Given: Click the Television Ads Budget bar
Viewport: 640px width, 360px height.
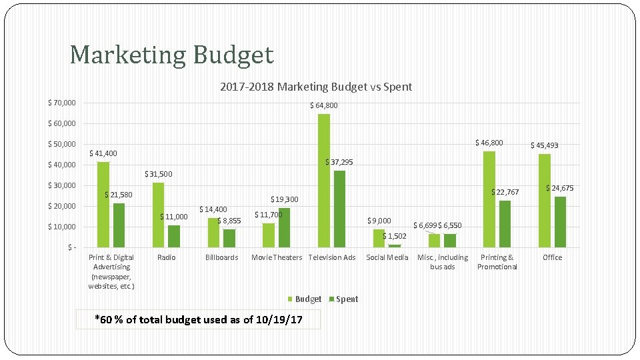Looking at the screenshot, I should (324, 181).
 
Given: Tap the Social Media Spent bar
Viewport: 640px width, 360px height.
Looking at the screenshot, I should (395, 246).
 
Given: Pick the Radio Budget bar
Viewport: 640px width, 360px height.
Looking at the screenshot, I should (158, 215).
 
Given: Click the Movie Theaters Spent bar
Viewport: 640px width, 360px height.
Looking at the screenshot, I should (285, 228).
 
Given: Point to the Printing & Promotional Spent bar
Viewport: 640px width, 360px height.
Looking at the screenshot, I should (505, 224).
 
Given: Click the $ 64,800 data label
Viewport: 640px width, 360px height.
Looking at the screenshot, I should (323, 105).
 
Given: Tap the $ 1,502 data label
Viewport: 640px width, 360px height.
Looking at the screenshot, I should (394, 236).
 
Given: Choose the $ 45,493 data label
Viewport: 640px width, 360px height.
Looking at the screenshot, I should (544, 145).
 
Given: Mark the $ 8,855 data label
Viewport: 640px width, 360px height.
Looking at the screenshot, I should (229, 221).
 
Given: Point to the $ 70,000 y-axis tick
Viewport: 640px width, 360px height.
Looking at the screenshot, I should (61, 103).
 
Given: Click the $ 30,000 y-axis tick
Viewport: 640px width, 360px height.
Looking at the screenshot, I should (61, 185).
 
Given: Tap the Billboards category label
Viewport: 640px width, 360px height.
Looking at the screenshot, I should (221, 257).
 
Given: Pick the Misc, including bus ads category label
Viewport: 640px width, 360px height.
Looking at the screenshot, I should (443, 262).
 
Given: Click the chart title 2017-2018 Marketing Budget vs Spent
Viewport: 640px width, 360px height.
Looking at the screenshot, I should (315, 87).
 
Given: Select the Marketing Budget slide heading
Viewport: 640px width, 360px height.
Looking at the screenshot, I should (171, 55).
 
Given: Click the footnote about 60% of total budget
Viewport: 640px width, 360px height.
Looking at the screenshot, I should (198, 320).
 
